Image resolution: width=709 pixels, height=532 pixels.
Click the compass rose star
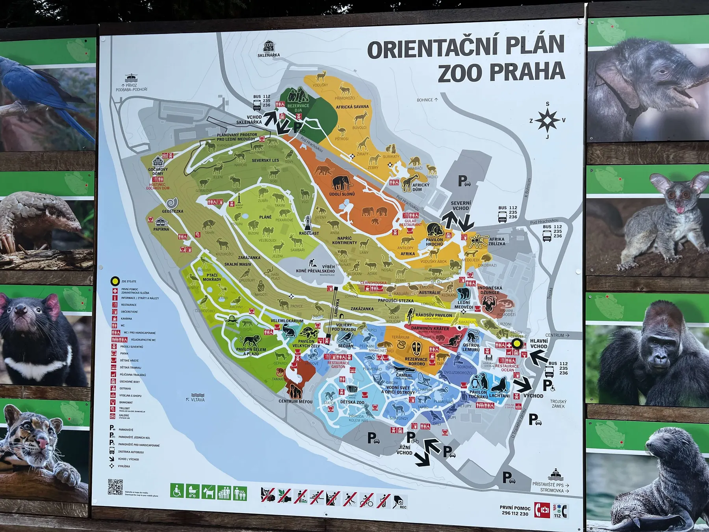tap(548, 120)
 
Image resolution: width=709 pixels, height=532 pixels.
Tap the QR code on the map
tap(115, 487)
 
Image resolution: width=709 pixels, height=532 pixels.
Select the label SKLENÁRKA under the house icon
tap(269, 55)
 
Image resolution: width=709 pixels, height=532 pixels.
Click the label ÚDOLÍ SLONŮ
tap(342, 194)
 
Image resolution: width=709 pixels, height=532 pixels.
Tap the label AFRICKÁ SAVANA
tap(352, 107)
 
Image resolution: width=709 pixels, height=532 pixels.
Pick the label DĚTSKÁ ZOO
tap(352, 402)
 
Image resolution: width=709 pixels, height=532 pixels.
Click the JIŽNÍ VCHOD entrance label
tap(404, 450)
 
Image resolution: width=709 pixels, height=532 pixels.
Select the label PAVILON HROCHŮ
tap(434, 242)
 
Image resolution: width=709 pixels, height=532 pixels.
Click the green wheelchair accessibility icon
tap(177, 491)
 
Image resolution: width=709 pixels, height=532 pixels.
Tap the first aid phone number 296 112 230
tap(515, 513)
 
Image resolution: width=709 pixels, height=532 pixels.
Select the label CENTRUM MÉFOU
tap(295, 402)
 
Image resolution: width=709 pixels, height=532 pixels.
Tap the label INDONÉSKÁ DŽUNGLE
tap(490, 290)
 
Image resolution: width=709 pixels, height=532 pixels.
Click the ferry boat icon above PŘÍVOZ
tap(131, 78)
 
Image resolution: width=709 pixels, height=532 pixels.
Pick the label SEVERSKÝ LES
tap(265, 160)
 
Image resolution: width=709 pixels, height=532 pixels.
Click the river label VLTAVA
tap(198, 400)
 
